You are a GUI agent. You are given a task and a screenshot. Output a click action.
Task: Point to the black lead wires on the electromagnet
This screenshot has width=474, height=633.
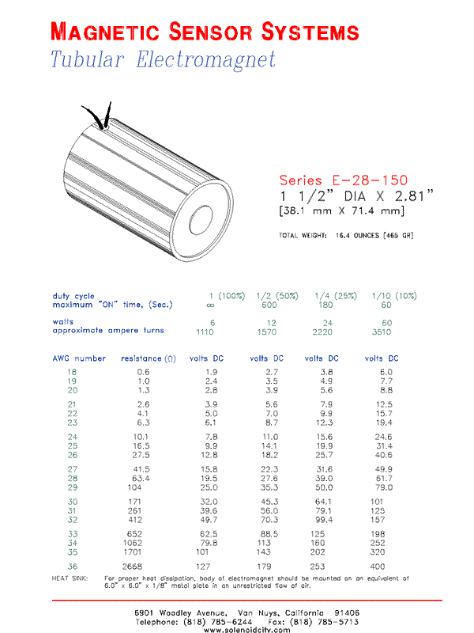click(101, 117)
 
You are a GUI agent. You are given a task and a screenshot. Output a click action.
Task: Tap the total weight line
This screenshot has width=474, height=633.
click(345, 236)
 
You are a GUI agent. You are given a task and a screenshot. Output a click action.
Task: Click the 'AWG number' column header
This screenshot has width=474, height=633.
click(79, 358)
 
